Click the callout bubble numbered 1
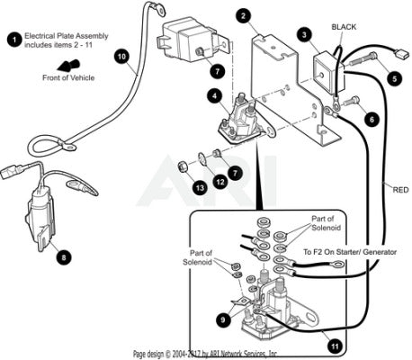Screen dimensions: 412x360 14,40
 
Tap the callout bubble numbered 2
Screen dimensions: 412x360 244,16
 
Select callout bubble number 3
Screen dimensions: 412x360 305,35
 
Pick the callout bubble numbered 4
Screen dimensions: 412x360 215,96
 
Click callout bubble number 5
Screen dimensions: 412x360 394,78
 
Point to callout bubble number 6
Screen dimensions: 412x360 372,120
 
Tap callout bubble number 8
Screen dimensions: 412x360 64,257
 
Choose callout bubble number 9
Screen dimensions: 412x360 223,320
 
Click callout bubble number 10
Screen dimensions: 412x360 122,57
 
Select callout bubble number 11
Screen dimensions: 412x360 335,346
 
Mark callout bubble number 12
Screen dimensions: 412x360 220,182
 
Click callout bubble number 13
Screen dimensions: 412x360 200,188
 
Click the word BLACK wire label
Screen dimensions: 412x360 344,27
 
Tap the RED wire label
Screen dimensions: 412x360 400,190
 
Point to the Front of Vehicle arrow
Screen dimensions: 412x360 68,65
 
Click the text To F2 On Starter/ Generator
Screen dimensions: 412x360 350,252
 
